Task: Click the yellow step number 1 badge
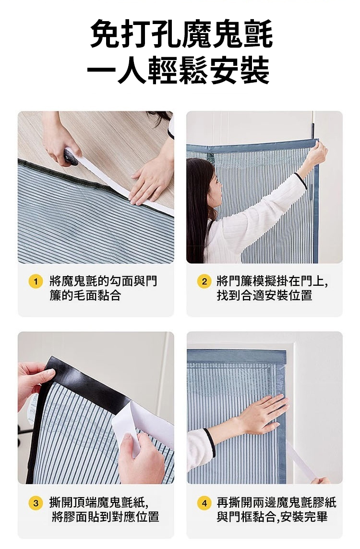(36, 281)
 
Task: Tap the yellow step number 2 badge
(204, 281)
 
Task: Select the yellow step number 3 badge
(36, 503)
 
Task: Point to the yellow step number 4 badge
(204, 503)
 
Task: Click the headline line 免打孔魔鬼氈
(181, 34)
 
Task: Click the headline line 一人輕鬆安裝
(179, 71)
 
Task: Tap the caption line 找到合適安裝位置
(264, 295)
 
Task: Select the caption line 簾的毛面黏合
(85, 295)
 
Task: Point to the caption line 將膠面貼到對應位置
(105, 517)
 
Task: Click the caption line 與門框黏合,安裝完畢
(272, 517)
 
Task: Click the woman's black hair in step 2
(199, 207)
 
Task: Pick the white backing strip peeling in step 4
(301, 461)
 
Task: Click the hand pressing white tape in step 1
(150, 182)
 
